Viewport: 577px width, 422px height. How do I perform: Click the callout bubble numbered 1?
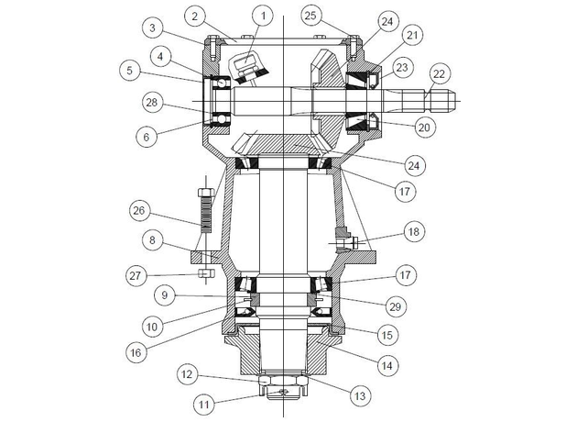(263, 16)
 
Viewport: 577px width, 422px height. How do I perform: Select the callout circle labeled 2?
(195, 16)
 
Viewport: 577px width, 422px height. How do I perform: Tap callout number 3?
(152, 28)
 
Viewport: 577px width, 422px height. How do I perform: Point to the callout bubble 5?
(129, 71)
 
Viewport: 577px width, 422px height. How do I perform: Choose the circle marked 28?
(152, 103)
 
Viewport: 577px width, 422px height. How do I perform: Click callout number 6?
(147, 137)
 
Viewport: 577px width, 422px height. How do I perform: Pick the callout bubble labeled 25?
(310, 16)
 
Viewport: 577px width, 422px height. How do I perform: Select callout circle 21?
(412, 35)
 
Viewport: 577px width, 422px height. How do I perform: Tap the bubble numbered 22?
(439, 74)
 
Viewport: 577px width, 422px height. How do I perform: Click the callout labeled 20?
(424, 128)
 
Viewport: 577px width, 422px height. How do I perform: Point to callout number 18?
(414, 231)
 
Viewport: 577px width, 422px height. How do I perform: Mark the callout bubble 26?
(139, 211)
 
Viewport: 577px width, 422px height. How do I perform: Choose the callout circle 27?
(136, 275)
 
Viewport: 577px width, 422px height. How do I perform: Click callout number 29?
(396, 306)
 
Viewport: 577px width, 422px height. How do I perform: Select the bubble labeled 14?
(386, 366)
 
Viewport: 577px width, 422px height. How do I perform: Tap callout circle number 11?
(204, 405)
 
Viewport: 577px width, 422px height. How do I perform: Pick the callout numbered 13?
(360, 395)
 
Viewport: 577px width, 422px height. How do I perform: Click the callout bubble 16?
(136, 352)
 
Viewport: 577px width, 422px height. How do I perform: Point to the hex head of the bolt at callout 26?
(206, 193)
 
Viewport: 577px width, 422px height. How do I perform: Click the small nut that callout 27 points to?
(206, 273)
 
